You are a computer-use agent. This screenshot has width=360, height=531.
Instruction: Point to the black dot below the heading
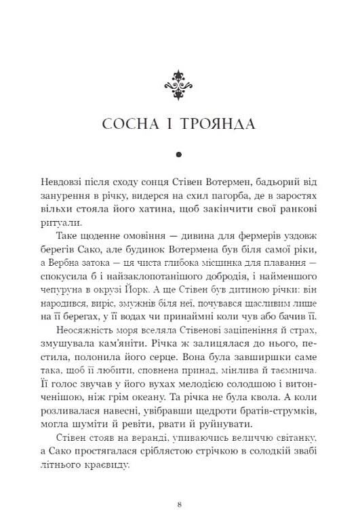click(x=180, y=155)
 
